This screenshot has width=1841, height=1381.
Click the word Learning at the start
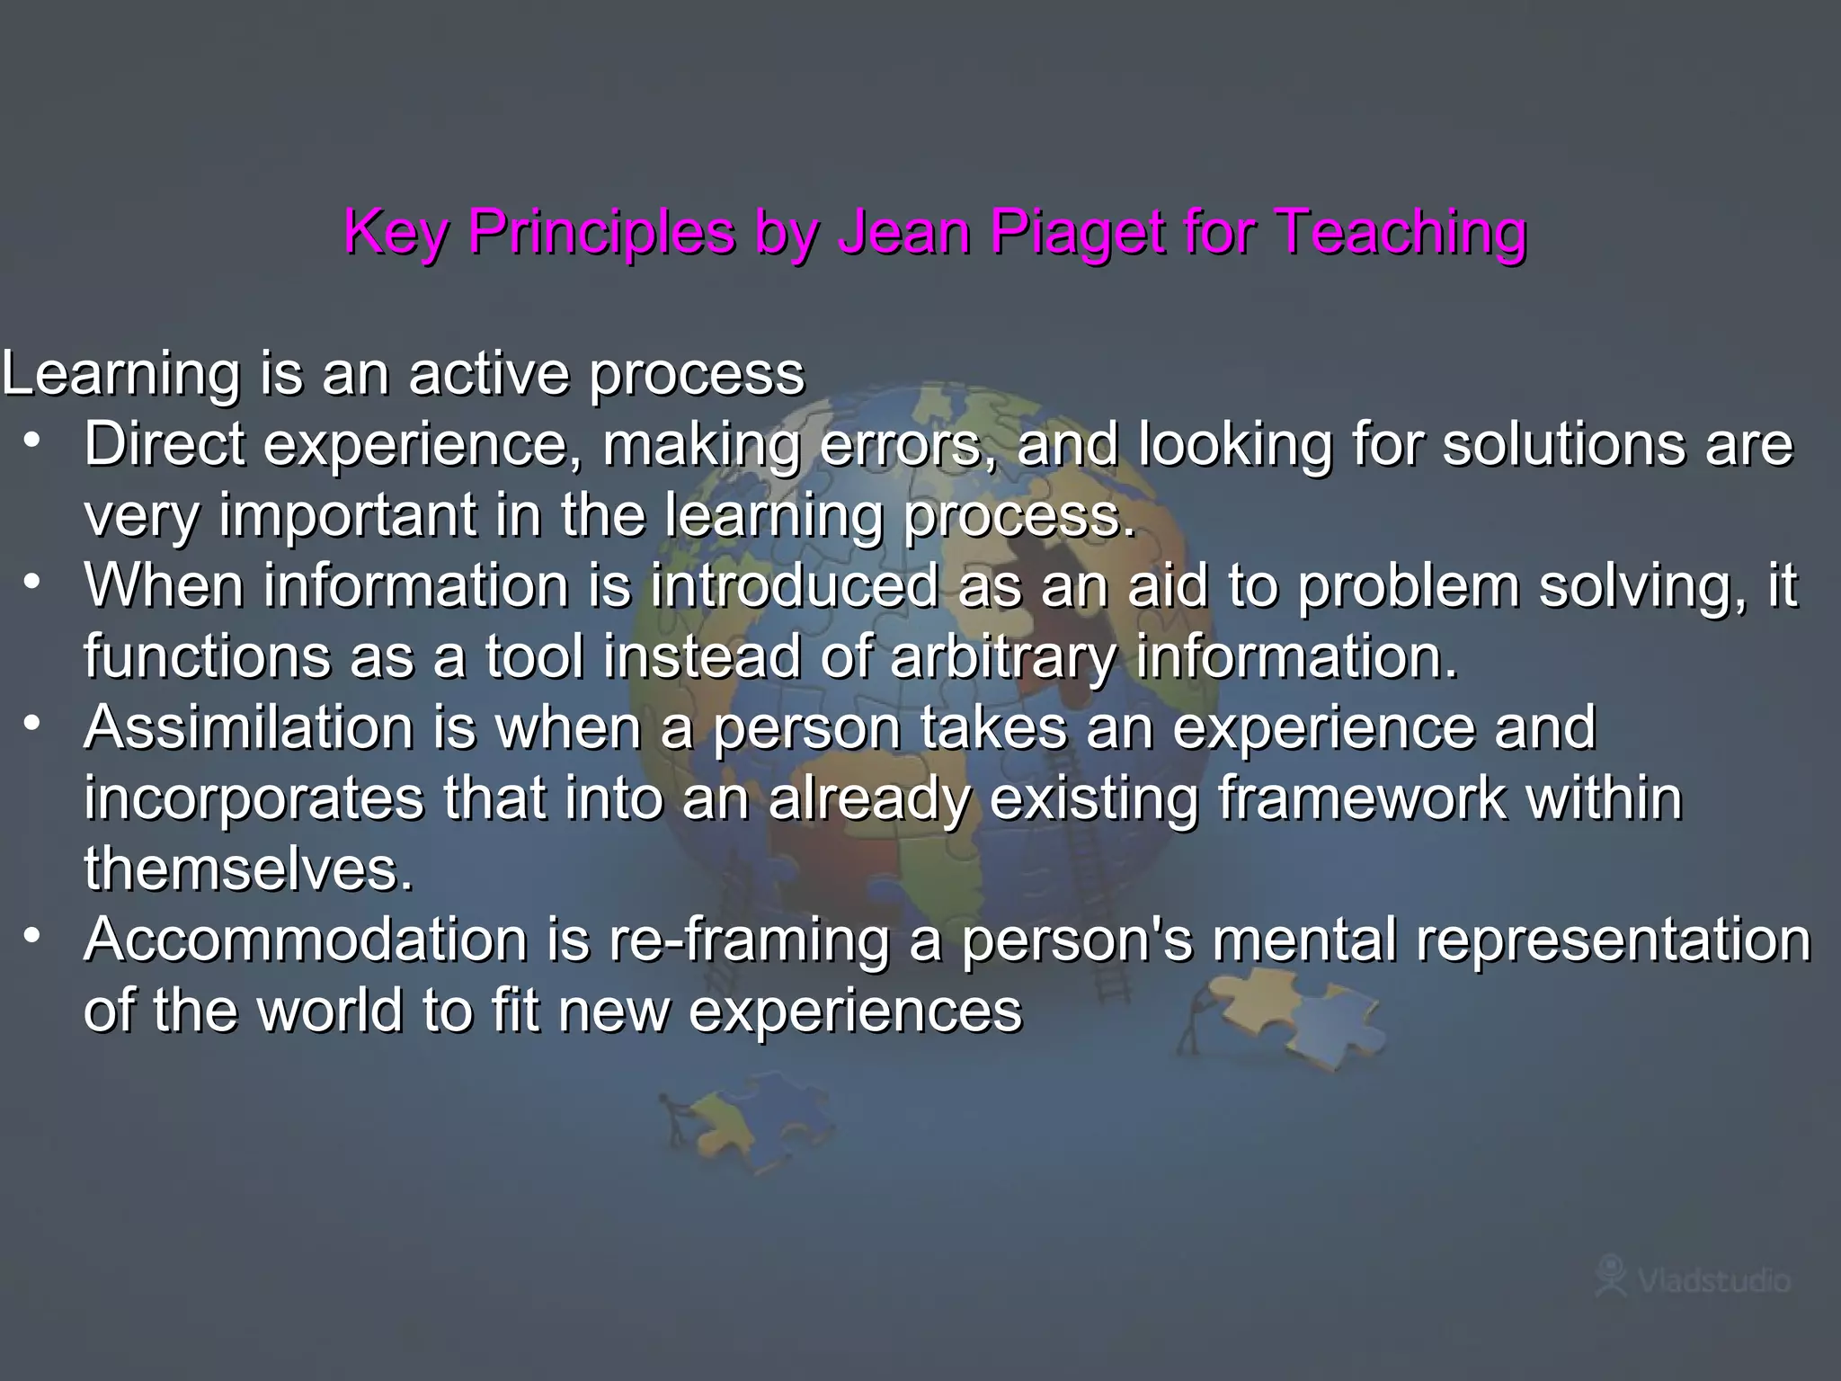point(121,374)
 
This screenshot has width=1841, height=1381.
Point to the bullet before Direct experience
point(33,441)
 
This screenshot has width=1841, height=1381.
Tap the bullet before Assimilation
point(33,723)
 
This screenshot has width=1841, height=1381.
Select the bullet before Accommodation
point(33,935)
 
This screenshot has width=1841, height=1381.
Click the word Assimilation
point(248,727)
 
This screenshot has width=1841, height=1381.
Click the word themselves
point(248,869)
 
